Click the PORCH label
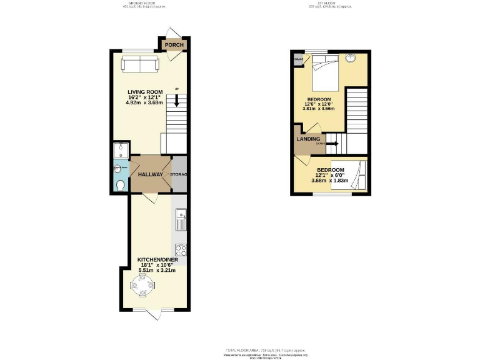(x=174, y=45)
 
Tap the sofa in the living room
(x=139, y=64)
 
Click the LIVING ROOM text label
(x=141, y=92)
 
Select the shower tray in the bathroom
(x=120, y=151)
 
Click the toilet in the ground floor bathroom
(x=121, y=185)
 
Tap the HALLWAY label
(x=150, y=174)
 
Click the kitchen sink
(x=181, y=221)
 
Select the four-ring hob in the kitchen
(x=181, y=249)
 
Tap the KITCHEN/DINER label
(x=153, y=259)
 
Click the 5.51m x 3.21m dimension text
(x=153, y=270)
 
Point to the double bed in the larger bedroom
(x=325, y=72)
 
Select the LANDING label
(x=309, y=139)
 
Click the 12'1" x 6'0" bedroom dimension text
(x=330, y=176)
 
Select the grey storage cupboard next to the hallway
(x=179, y=174)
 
